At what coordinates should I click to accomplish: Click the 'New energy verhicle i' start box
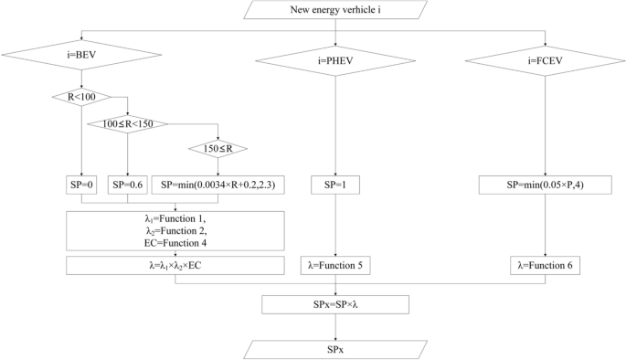[336, 11]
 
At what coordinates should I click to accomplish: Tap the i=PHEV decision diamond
[336, 61]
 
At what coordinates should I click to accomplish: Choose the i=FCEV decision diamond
[546, 61]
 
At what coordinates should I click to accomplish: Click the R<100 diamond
[81, 97]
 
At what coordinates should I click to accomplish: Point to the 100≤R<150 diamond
[127, 123]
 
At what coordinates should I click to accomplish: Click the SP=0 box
[81, 185]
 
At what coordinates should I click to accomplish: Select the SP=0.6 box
[127, 185]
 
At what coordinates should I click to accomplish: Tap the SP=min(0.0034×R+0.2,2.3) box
[218, 185]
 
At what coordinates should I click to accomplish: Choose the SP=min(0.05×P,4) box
[546, 185]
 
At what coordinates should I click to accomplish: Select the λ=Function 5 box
[336, 266]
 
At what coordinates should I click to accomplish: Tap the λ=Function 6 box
[546, 266]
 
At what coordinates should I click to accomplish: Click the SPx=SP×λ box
[336, 303]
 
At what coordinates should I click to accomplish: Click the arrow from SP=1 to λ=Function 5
[336, 225]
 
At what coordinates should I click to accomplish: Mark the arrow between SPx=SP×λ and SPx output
[336, 325]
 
